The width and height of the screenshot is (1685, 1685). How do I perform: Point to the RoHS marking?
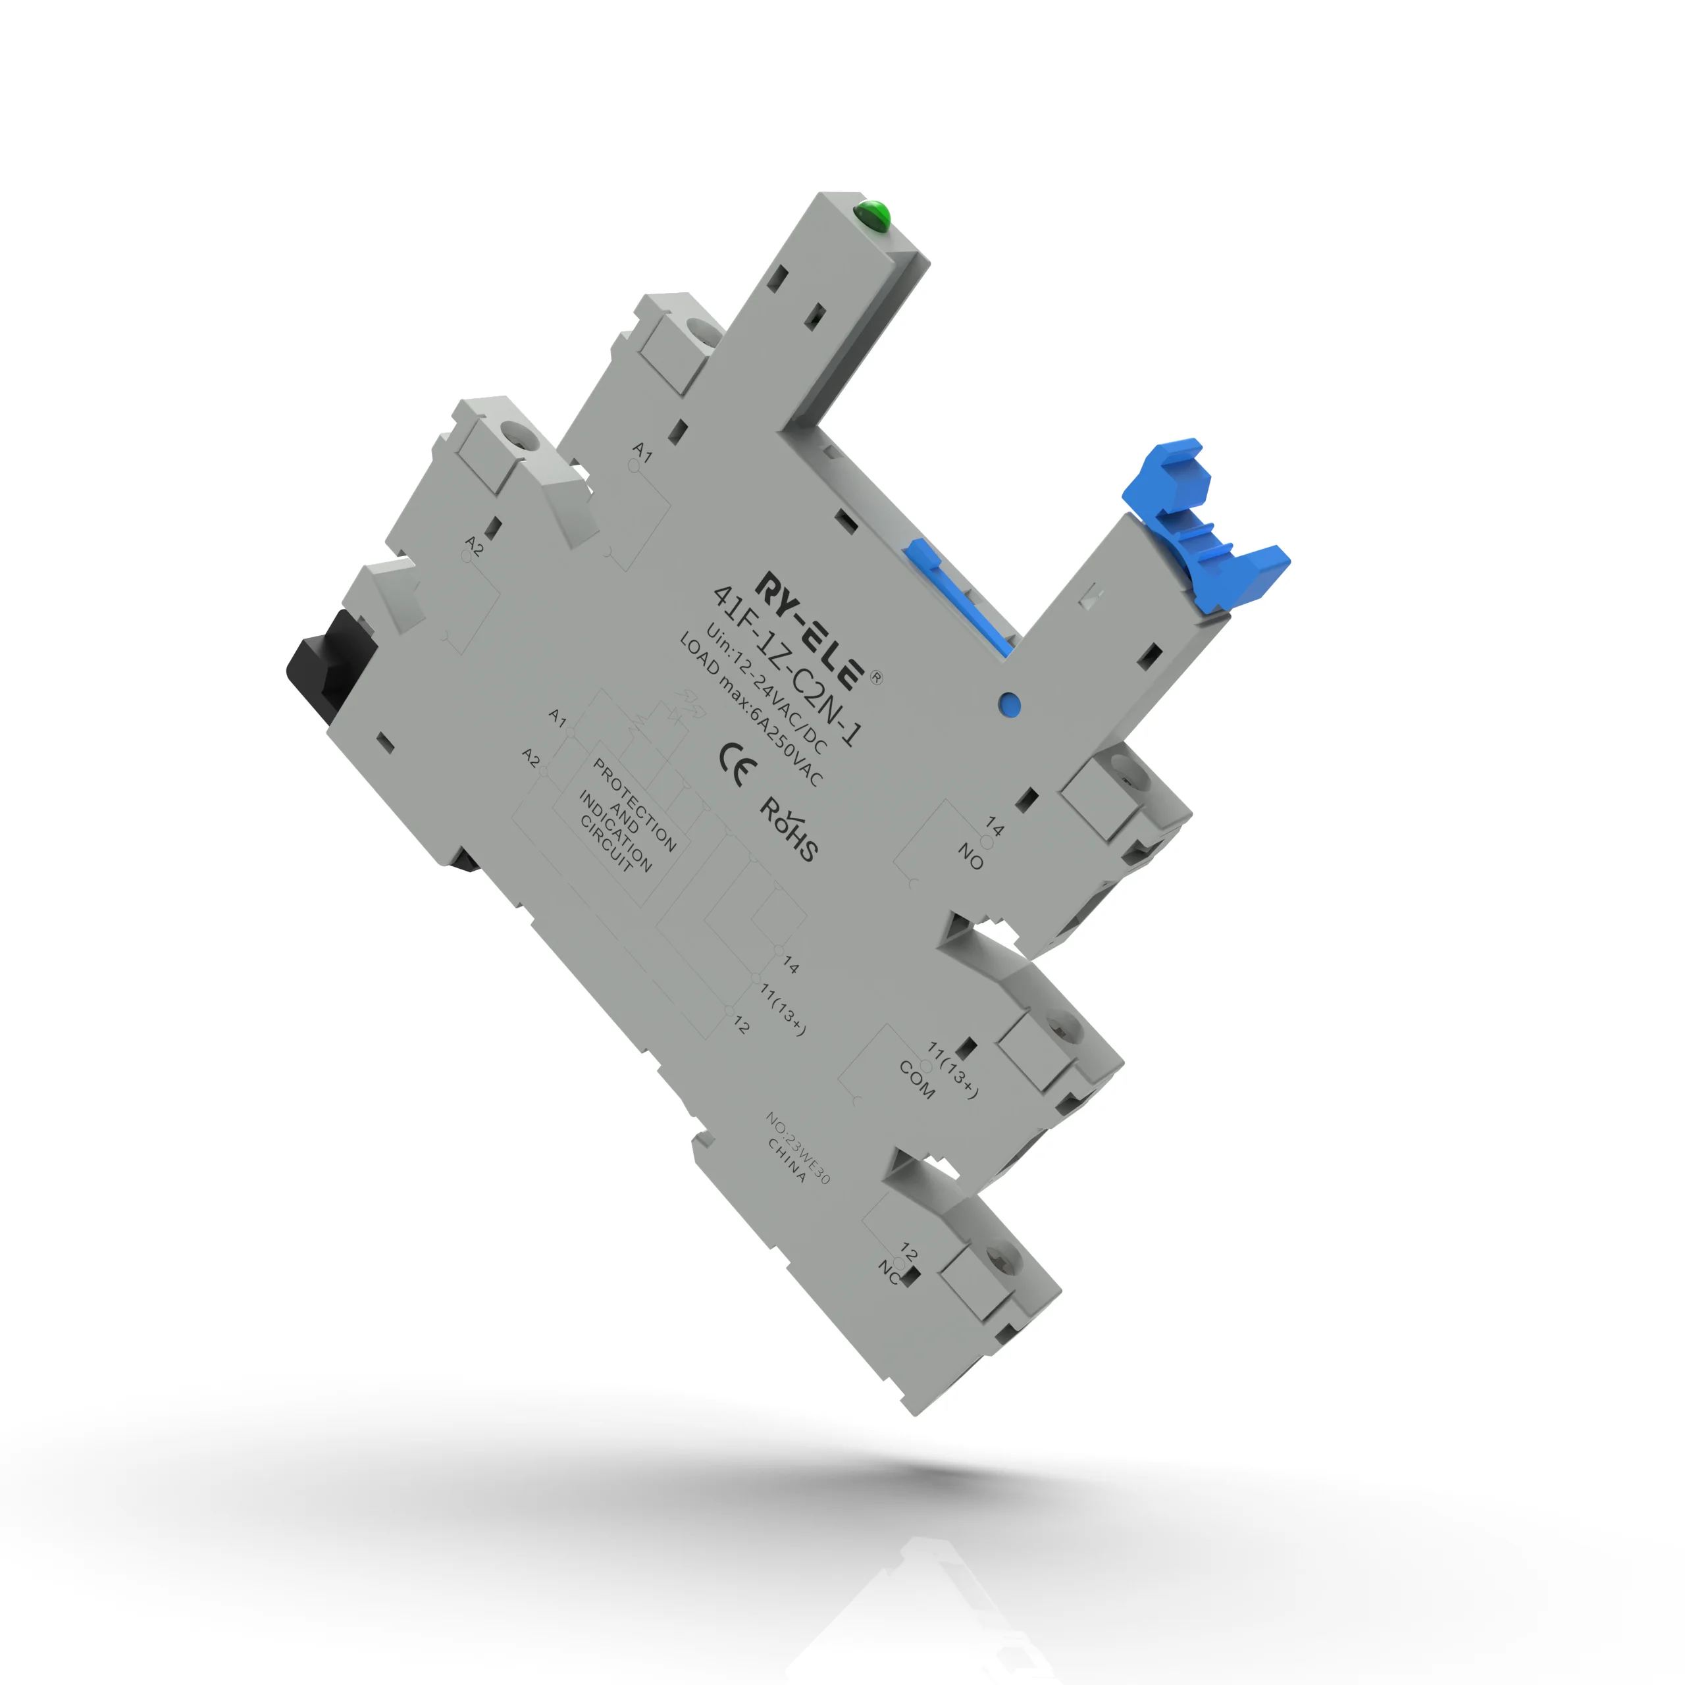[x=789, y=829]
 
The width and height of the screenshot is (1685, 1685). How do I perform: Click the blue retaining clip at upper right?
[x=1204, y=523]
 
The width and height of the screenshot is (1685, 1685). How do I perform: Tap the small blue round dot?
[x=1008, y=704]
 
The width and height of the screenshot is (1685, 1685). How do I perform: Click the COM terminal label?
[x=917, y=1079]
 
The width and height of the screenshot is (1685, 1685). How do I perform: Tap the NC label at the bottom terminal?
[x=889, y=1272]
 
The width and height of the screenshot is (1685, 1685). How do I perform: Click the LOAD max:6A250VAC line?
[x=751, y=710]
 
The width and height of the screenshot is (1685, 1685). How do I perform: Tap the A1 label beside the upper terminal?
[x=643, y=451]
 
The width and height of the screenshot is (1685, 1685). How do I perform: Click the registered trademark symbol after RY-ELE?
[x=877, y=678]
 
